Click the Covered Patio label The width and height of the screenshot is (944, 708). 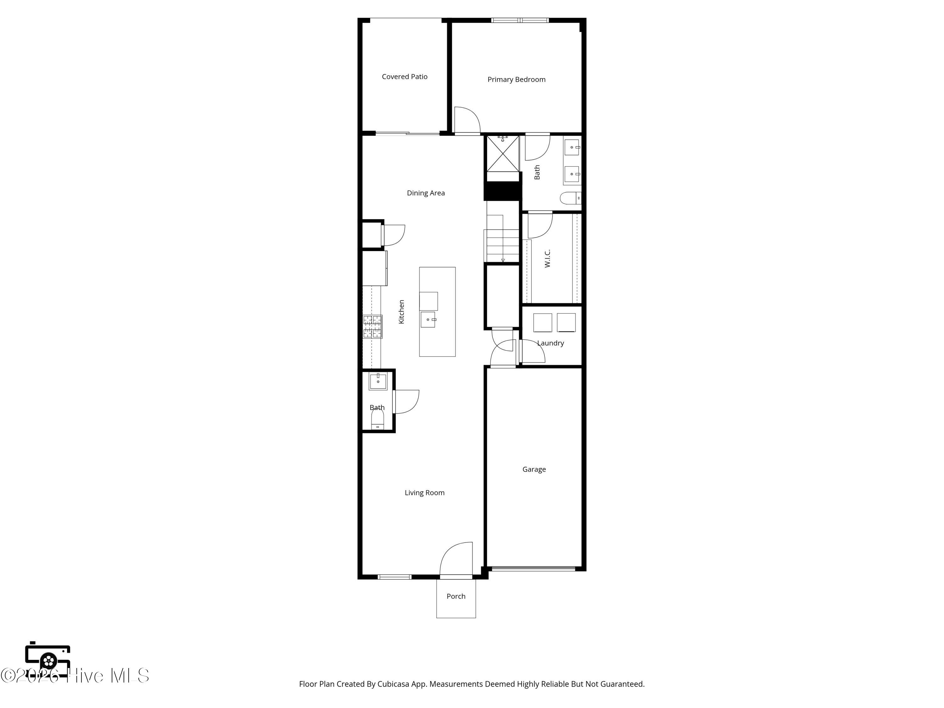[405, 77]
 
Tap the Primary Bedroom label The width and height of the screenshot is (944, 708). [516, 79]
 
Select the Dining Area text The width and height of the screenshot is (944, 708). [425, 193]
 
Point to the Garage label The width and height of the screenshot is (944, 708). [534, 469]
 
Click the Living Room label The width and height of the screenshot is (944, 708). [424, 492]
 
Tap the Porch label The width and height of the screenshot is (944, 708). [456, 596]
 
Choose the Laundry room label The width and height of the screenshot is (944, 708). [551, 343]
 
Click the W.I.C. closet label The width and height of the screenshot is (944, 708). [548, 259]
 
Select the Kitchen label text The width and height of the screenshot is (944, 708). [401, 312]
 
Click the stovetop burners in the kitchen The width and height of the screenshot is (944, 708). [373, 327]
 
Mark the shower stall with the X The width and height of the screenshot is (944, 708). [503, 153]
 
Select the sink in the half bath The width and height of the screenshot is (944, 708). [378, 381]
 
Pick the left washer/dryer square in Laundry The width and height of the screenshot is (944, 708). [542, 323]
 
